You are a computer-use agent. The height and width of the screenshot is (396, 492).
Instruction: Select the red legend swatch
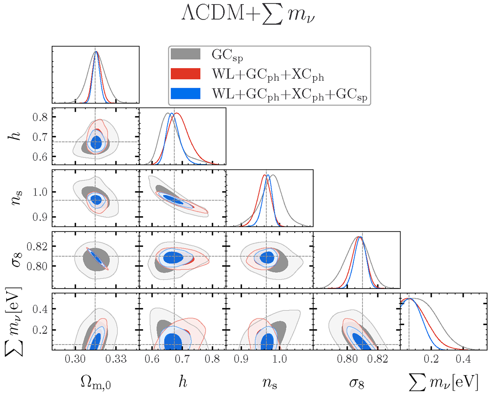click(x=185, y=74)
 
